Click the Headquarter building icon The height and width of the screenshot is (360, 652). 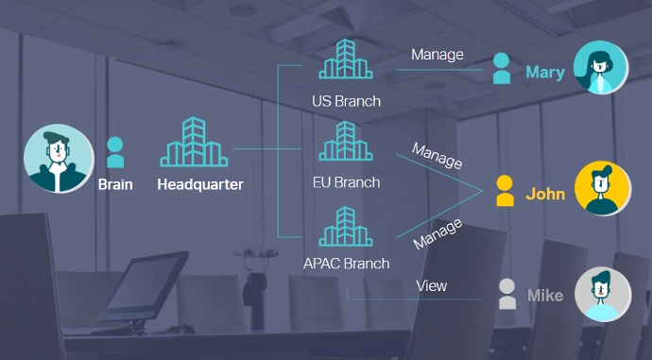point(194,142)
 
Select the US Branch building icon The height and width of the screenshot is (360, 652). point(346,59)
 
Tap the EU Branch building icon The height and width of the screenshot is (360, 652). point(346,141)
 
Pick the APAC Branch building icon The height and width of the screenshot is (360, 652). point(346,226)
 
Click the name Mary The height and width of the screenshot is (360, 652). point(545,73)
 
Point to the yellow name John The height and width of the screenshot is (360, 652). point(545,194)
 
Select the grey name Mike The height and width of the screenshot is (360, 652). point(545,296)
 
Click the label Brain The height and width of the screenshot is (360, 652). point(115,184)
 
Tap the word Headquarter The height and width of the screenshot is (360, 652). point(200,184)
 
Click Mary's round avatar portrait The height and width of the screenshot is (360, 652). point(601,67)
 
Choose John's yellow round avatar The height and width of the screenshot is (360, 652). point(603,188)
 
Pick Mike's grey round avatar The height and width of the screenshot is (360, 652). point(603,294)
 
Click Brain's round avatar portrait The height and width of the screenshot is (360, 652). point(59,159)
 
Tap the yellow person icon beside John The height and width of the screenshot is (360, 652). point(505,191)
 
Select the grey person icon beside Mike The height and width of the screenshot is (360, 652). point(506,294)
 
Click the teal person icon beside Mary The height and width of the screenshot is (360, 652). point(502,69)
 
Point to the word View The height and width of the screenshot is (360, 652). point(432,286)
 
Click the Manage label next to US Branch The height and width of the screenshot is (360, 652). point(438,55)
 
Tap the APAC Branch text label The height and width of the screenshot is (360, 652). point(347,264)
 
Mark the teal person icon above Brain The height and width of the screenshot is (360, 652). point(115,152)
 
